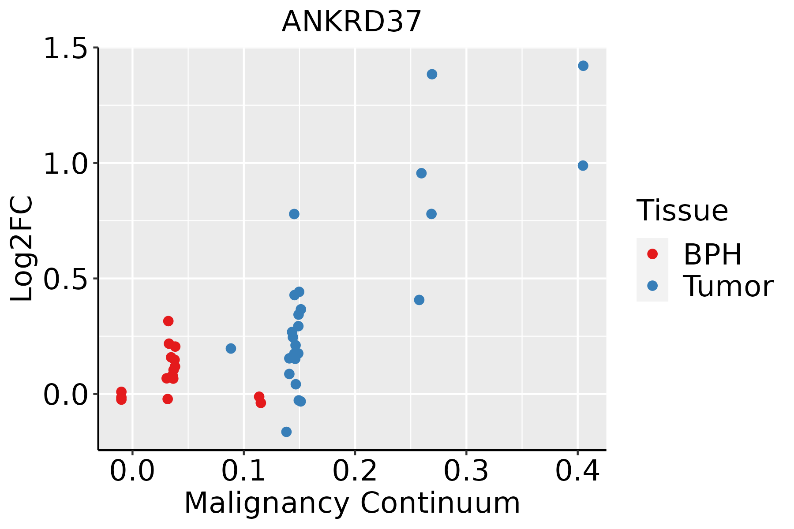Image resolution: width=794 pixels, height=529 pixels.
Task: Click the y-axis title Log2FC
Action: (22, 249)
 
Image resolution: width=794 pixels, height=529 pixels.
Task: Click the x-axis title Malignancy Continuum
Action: (352, 503)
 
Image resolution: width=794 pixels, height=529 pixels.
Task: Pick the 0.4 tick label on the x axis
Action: (577, 471)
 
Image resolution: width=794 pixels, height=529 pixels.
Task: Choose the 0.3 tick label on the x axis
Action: (466, 471)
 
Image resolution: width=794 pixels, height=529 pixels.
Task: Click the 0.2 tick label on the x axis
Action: (355, 471)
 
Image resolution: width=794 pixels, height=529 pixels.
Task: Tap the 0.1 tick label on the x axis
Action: (243, 471)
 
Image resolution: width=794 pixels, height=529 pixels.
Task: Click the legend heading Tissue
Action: (682, 211)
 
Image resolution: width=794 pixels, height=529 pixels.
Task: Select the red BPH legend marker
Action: (652, 254)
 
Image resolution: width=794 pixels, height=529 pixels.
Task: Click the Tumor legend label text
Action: (728, 287)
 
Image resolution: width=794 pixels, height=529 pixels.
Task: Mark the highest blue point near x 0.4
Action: (583, 66)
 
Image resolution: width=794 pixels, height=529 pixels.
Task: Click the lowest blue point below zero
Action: (286, 432)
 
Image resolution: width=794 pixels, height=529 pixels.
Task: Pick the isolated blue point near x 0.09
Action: (231, 348)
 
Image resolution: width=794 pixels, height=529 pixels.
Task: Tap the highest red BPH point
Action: (168, 321)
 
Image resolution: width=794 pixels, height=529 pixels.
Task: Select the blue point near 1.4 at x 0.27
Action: (432, 74)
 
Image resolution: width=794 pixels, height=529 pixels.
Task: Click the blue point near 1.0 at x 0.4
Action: (583, 166)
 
